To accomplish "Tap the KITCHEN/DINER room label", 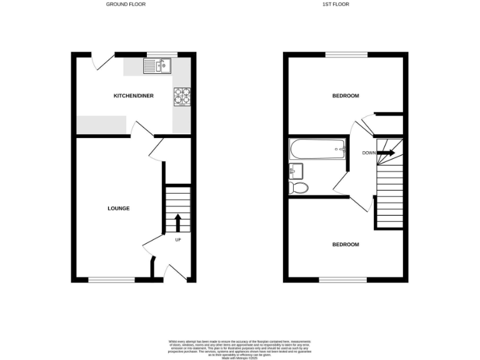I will pos(133,96).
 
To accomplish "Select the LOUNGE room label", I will pos(117,208).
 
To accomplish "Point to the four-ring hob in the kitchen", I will pos(182,96).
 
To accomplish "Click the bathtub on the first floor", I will pos(317,149).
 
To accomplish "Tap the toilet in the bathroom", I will pos(299,187).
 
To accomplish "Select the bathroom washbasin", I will pos(296,171).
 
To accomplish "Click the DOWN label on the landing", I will pos(369,152).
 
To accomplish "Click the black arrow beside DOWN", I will pos(386,152).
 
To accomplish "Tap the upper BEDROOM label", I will pos(346,96).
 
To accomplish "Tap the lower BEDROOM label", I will pos(346,244).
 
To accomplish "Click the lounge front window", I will pos(111,280).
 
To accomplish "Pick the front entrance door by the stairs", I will pos(175,272).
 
